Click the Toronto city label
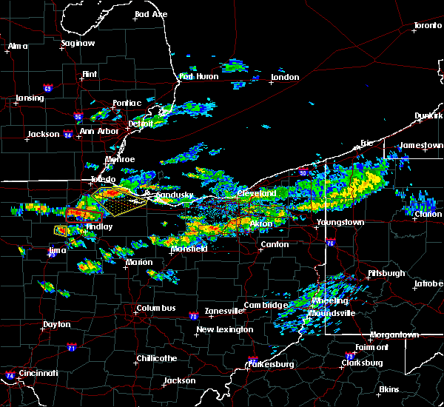(x=427, y=26)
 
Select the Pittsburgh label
(x=386, y=274)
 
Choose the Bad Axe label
(x=150, y=15)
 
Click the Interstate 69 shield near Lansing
(x=47, y=89)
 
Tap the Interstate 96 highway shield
(x=78, y=116)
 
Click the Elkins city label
(x=388, y=389)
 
